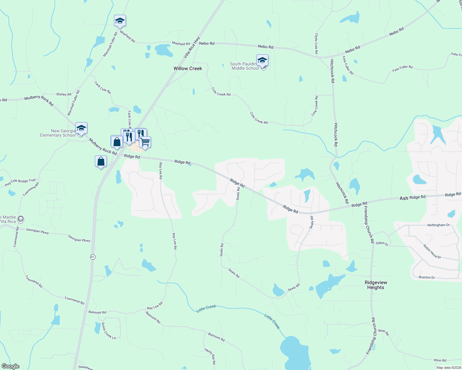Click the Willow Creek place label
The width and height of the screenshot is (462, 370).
pyautogui.click(x=188, y=68)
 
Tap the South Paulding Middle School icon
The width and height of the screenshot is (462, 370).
pyautogui.click(x=262, y=60)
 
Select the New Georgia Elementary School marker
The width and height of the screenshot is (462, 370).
pyautogui.click(x=81, y=128)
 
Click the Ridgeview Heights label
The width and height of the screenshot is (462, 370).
pyautogui.click(x=376, y=285)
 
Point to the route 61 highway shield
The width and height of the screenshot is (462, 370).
pyautogui.click(x=93, y=257)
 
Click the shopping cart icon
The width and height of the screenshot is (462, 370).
pyautogui.click(x=145, y=142)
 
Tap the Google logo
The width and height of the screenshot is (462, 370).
pyautogui.click(x=10, y=366)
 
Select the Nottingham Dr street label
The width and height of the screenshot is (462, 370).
pyautogui.click(x=439, y=225)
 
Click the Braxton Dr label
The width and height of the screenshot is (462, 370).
pyautogui.click(x=427, y=277)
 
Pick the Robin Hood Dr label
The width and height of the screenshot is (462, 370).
pyautogui.click(x=432, y=251)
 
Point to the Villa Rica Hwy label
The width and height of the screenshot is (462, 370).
pyautogui.click(x=192, y=47)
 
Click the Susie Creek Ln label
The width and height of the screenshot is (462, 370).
pyautogui.click(x=108, y=331)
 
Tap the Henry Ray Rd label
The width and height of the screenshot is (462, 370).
pyautogui.click(x=210, y=356)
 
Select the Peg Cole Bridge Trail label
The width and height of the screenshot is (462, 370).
pyautogui.click(x=20, y=183)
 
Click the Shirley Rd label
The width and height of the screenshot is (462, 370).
pyautogui.click(x=64, y=94)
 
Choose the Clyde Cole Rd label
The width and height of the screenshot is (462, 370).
pyautogui.click(x=316, y=43)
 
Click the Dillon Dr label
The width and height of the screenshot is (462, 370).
pyautogui.click(x=382, y=243)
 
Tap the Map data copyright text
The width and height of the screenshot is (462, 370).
pyautogui.click(x=448, y=368)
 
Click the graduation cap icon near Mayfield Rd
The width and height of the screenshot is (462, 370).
pyautogui.click(x=120, y=21)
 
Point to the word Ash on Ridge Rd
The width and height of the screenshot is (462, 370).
pyautogui.click(x=404, y=198)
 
